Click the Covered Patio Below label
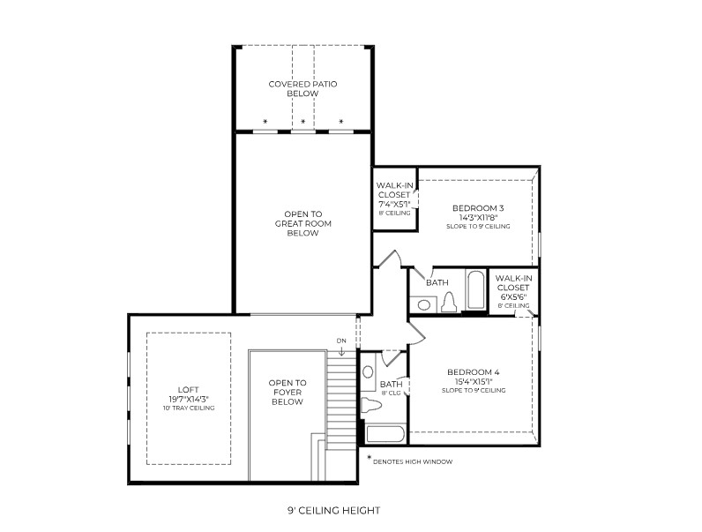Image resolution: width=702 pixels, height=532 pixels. click(x=302, y=88)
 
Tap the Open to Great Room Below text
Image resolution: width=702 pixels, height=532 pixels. click(x=303, y=223)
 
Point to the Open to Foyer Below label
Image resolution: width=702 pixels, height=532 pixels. click(x=288, y=393)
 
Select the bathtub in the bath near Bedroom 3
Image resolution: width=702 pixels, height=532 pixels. click(x=475, y=289)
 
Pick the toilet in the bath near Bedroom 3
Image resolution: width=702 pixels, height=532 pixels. click(x=449, y=303)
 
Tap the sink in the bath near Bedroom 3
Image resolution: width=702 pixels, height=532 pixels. click(x=423, y=305)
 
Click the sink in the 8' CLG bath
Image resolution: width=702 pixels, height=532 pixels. click(x=369, y=371)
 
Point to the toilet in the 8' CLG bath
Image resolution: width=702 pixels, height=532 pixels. click(x=370, y=404)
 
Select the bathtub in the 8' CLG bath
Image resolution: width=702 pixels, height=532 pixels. click(x=385, y=434)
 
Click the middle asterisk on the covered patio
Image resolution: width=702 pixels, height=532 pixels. click(x=303, y=122)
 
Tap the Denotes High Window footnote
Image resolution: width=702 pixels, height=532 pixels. click(x=410, y=461)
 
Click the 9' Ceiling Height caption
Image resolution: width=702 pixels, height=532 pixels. click(x=333, y=510)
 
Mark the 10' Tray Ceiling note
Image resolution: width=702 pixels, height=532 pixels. click(x=189, y=408)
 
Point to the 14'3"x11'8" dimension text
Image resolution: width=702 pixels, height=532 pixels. click(x=478, y=218)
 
